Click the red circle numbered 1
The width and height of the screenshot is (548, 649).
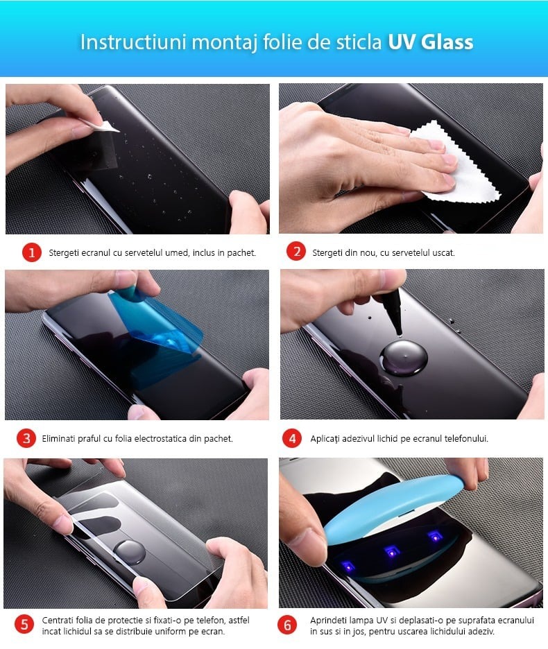(32, 252)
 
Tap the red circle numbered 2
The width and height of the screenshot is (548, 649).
(296, 252)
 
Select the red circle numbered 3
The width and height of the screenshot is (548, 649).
(26, 438)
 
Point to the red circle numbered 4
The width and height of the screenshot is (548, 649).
(291, 438)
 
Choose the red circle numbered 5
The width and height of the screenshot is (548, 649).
(24, 625)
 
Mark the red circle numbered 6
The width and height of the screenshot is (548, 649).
(287, 625)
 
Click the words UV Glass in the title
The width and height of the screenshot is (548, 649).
(430, 42)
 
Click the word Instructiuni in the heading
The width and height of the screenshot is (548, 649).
(133, 42)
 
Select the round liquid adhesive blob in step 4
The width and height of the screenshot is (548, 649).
(404, 357)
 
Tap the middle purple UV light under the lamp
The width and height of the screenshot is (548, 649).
(392, 551)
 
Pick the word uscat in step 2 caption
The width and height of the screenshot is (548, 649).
(444, 252)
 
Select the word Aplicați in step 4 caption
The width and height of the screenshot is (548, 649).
(325, 439)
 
